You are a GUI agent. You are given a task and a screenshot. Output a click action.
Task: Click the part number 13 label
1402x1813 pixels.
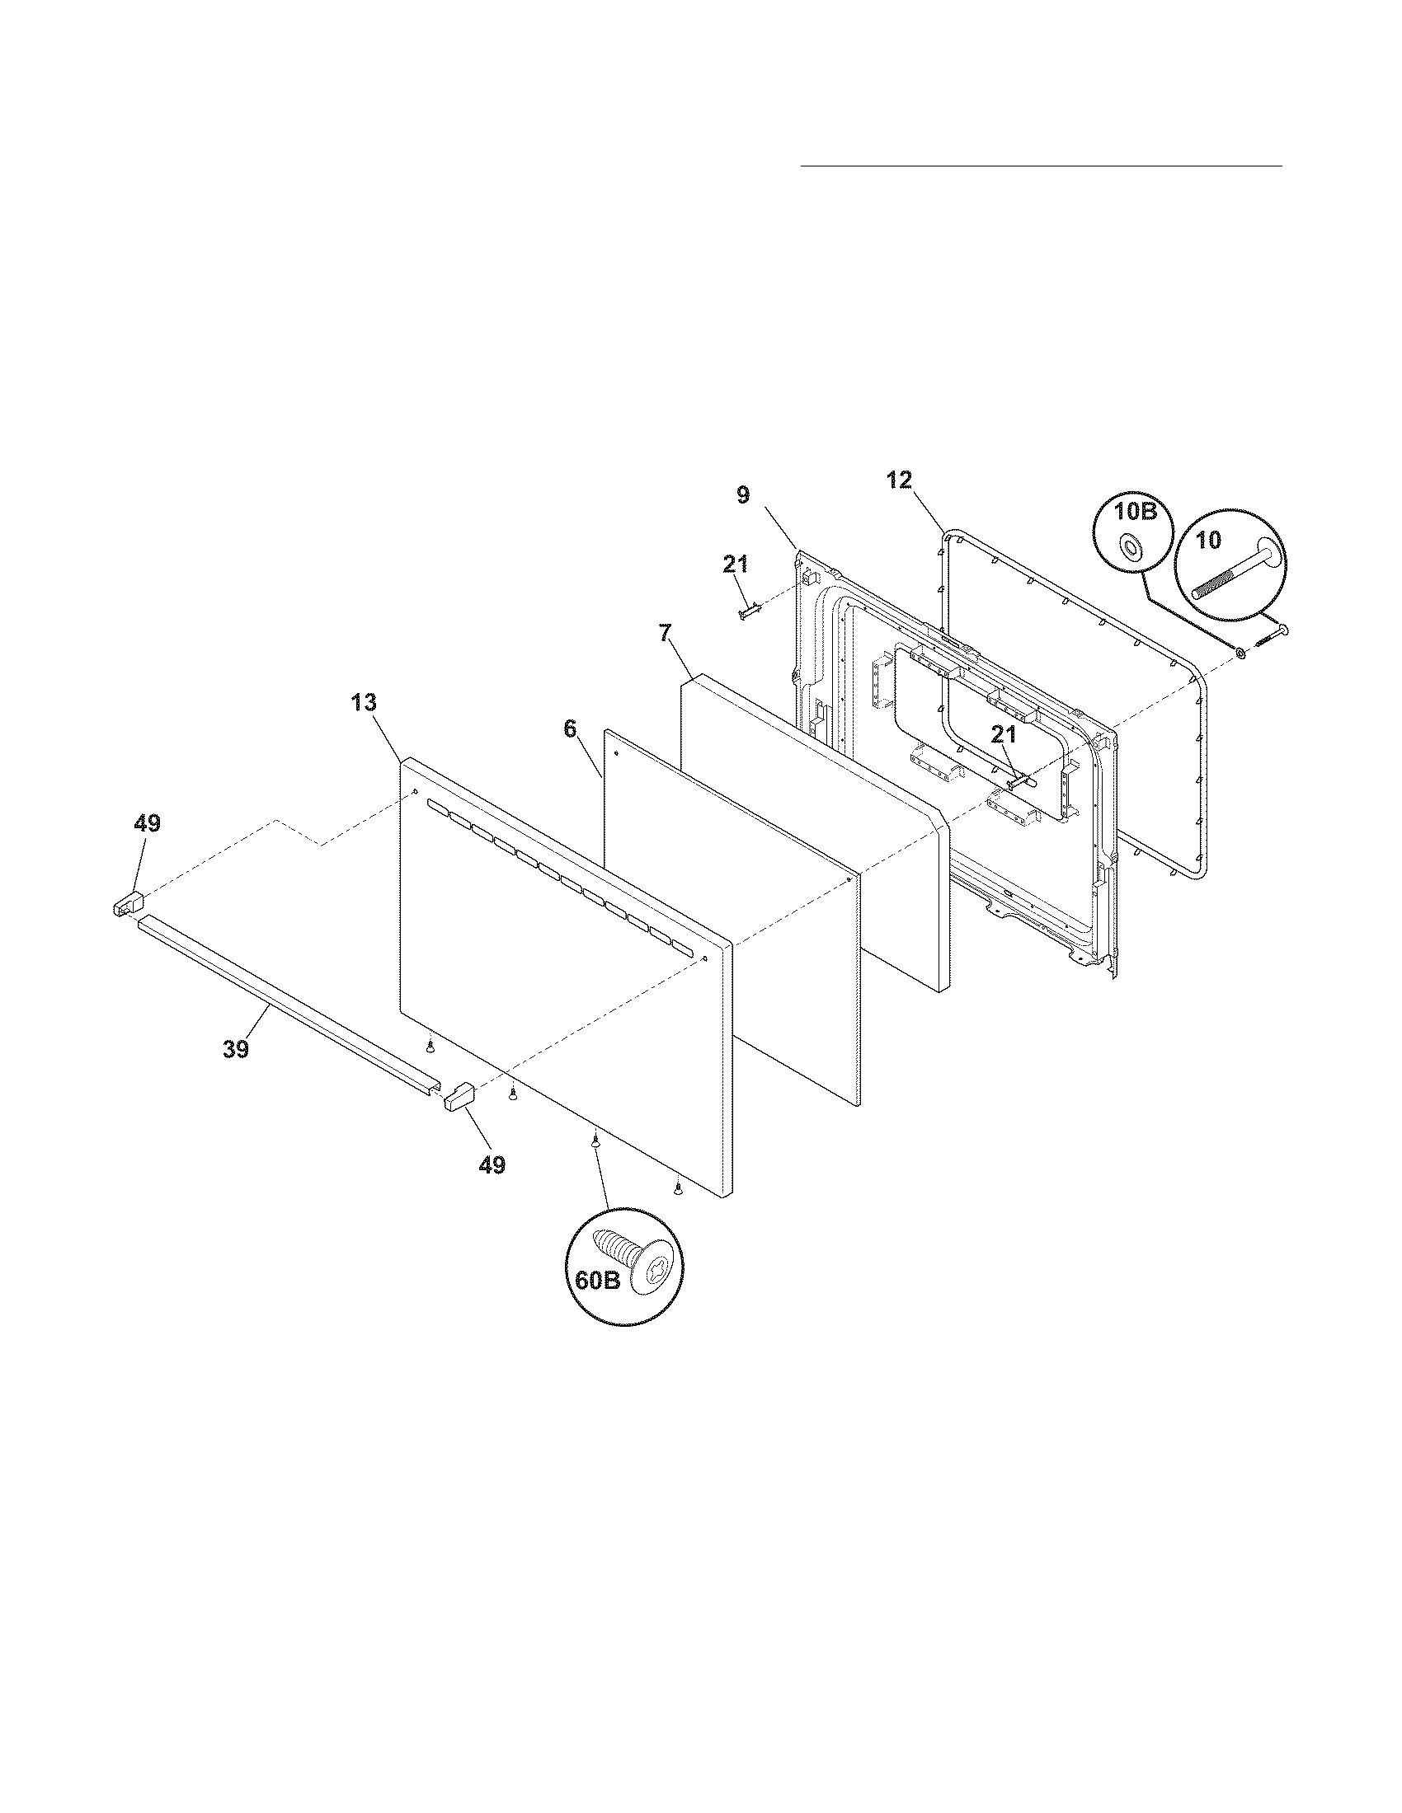(x=364, y=703)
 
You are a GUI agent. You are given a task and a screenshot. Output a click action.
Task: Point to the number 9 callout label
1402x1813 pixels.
(x=742, y=495)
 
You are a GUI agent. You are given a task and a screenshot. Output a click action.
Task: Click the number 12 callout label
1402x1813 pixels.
(x=899, y=479)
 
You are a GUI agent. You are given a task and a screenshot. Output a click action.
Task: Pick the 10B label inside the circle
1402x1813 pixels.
(x=1136, y=512)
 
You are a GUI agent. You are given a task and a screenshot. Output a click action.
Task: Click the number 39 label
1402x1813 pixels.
(x=236, y=1049)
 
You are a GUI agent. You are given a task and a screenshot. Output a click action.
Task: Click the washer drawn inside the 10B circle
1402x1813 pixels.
(x=1130, y=546)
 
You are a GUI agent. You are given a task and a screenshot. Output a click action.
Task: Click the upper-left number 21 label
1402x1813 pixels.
(x=735, y=565)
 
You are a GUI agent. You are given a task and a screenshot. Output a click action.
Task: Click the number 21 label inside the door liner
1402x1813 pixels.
(x=1004, y=733)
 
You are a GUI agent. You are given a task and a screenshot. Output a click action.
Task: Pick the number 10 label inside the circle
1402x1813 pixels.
(x=1208, y=541)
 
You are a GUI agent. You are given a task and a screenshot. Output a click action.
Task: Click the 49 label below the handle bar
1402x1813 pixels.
(x=492, y=1164)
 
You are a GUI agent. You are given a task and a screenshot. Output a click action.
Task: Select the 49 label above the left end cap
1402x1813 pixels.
(x=147, y=823)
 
